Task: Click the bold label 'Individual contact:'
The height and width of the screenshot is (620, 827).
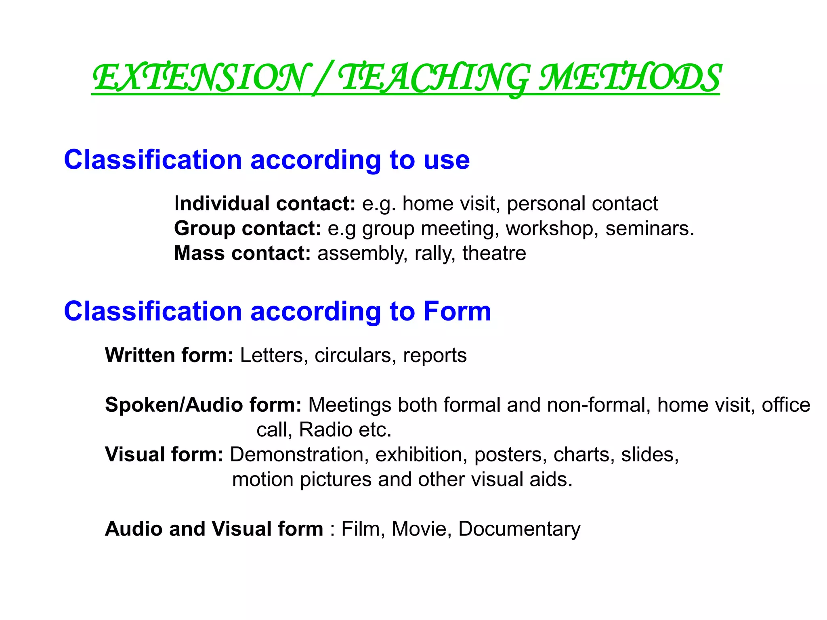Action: (264, 203)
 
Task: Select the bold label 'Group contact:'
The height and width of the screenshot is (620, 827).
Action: (248, 228)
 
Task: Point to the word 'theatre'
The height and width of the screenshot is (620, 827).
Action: (494, 253)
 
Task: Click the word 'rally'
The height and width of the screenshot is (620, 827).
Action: (433, 253)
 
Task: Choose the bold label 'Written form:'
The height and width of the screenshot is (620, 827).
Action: (169, 355)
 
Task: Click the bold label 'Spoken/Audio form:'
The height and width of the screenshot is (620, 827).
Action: (203, 405)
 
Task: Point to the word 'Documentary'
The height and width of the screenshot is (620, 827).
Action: (519, 529)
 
